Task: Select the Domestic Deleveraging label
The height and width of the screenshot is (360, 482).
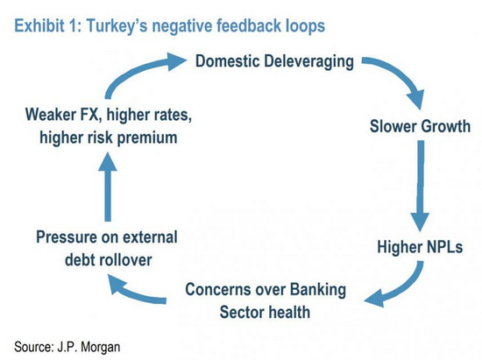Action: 274,61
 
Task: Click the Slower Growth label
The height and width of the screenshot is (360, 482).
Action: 420,126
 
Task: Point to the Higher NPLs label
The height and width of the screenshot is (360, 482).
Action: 420,247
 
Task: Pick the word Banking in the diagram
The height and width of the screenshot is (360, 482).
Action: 318,290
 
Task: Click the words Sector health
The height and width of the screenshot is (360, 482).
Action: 265,313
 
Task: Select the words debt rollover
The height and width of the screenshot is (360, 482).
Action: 108,260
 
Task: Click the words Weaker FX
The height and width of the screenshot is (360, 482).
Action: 64,115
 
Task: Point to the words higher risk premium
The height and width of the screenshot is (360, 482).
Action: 108,138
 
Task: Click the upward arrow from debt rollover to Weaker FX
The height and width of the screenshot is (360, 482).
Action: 108,187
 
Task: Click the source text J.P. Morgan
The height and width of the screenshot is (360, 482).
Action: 89,347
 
